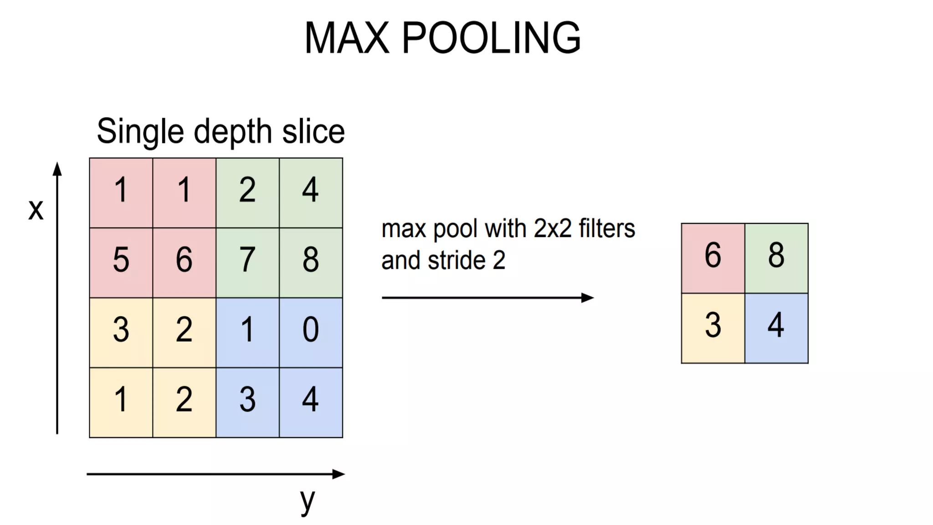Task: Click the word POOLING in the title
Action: click(491, 38)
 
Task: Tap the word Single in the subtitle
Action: click(140, 132)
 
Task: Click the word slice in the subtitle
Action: click(313, 132)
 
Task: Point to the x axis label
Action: click(36, 210)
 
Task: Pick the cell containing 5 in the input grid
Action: click(121, 260)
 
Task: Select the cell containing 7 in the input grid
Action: click(247, 260)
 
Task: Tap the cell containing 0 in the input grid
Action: click(311, 330)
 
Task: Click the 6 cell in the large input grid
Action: click(184, 260)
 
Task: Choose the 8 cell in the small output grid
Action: click(776, 256)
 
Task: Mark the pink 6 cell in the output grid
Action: click(713, 256)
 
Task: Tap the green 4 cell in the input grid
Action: click(311, 190)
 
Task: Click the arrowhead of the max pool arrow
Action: click(588, 298)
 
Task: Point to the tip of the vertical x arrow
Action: click(57, 168)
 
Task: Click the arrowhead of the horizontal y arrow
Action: click(339, 474)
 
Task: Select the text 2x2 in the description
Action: click(553, 229)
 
